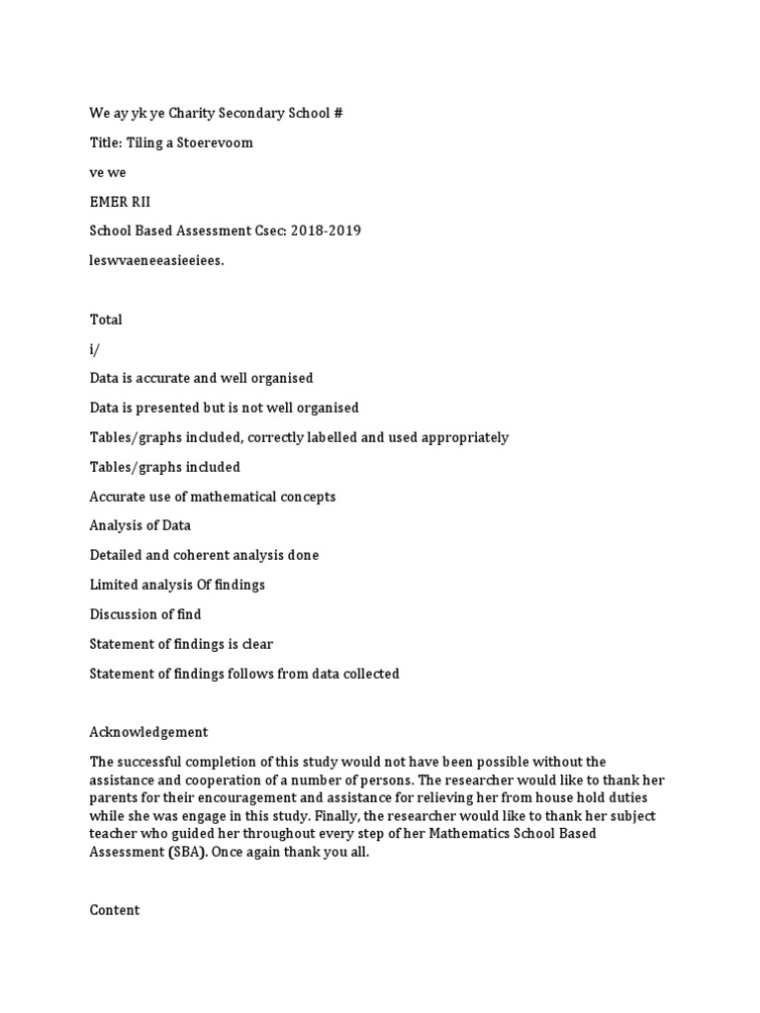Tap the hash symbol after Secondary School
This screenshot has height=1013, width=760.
(338, 113)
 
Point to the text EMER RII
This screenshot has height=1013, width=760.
(120, 202)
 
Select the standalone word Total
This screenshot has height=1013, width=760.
(106, 320)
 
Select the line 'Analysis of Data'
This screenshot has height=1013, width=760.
(140, 525)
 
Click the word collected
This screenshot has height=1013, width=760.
(367, 674)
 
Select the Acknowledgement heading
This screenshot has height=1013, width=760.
(148, 732)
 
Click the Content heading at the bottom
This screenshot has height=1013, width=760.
(115, 910)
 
